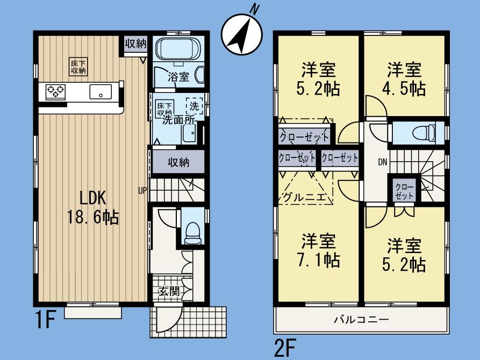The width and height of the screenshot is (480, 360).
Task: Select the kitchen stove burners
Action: pos(55,91)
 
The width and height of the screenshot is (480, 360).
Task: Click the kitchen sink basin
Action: pos(101,92)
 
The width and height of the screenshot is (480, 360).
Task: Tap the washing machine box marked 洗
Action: pos(194,105)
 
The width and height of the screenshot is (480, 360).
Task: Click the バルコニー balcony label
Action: pos(361,319)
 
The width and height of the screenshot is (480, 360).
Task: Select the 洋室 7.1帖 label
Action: pos(319,250)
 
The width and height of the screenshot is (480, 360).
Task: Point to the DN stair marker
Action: pos(382,161)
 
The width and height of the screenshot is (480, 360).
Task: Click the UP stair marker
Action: pos(142,189)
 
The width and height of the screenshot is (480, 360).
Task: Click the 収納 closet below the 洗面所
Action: pos(177,162)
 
